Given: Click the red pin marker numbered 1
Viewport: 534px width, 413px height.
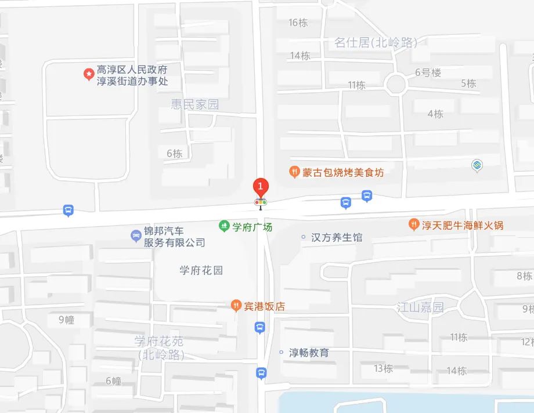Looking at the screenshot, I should [261, 187].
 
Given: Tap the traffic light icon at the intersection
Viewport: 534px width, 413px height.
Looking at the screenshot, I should [261, 203].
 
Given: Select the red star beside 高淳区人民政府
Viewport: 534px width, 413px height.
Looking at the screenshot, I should [88, 74].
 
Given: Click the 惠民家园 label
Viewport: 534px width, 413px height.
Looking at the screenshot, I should [195, 104].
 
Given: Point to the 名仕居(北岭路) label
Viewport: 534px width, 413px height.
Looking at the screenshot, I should [376, 42].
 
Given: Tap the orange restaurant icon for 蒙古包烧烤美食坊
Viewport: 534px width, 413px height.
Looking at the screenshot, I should [294, 172].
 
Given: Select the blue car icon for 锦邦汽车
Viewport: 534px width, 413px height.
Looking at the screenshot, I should [135, 236].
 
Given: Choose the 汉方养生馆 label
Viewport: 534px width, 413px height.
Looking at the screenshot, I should [337, 237].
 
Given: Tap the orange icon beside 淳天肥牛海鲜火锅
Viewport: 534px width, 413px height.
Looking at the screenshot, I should [413, 224].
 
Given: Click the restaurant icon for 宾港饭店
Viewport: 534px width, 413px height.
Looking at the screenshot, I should [236, 306].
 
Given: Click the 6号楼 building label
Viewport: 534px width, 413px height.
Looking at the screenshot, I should [428, 73].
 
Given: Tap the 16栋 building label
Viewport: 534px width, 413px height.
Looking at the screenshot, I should [298, 23].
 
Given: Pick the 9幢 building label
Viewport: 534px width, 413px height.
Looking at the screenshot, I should [67, 320].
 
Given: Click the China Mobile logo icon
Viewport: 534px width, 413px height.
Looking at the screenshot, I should [477, 166].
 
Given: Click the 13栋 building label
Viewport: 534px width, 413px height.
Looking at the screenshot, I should [383, 368].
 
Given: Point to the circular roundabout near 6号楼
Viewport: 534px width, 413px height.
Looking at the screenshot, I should [397, 84].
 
